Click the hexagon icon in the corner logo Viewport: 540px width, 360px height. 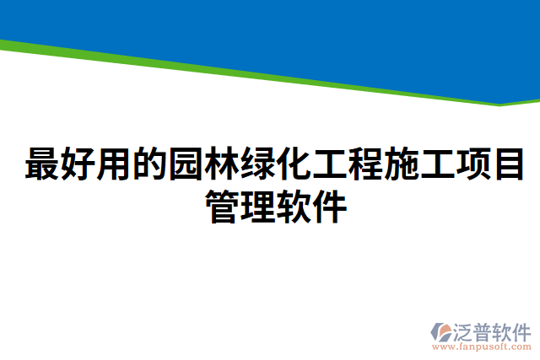point(442,330)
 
